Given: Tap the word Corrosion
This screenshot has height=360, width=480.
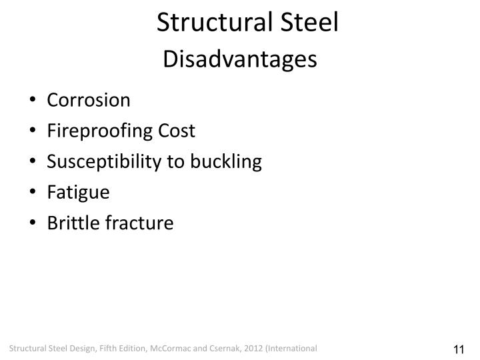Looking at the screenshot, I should (89, 100).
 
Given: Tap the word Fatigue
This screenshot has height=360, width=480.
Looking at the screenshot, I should (78, 193).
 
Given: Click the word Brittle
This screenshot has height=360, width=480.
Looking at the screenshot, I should (73, 223).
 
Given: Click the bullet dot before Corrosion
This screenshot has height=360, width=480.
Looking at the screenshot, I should (33, 101).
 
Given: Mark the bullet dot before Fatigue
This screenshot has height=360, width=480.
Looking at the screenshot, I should (33, 193).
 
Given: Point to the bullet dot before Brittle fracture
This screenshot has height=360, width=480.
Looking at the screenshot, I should (33, 224).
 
